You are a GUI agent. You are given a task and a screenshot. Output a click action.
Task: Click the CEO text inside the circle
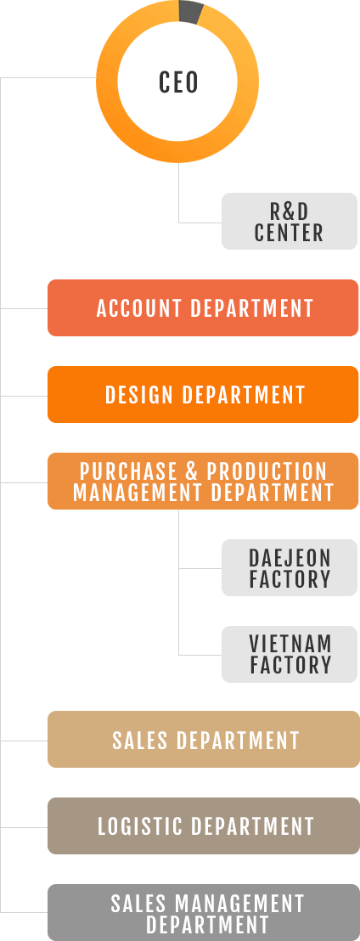pyautogui.click(x=178, y=82)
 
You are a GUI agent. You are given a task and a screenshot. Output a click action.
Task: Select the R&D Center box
pyautogui.click(x=290, y=221)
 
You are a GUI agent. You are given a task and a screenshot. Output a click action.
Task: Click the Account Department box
pyautogui.click(x=204, y=308)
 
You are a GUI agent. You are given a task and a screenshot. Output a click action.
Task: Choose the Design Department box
pyautogui.click(x=204, y=394)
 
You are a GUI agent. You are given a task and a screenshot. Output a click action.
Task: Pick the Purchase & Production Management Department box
pyautogui.click(x=204, y=482)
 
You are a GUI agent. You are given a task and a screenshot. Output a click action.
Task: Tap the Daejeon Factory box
pyautogui.click(x=290, y=567)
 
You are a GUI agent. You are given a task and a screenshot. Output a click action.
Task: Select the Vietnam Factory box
pyautogui.click(x=290, y=654)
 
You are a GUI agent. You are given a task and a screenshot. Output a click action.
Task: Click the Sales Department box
pyautogui.click(x=204, y=740)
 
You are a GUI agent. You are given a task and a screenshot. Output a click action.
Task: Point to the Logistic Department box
pyautogui.click(x=204, y=825)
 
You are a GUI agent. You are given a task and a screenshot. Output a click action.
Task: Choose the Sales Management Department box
pyautogui.click(x=204, y=912)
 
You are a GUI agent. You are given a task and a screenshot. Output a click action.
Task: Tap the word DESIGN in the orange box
pyautogui.click(x=139, y=394)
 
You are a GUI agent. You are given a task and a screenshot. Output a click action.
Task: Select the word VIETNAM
pyautogui.click(x=290, y=644)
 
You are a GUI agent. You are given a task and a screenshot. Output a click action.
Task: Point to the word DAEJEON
pyautogui.click(x=290, y=557)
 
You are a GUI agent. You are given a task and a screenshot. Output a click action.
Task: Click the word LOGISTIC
pyautogui.click(x=139, y=825)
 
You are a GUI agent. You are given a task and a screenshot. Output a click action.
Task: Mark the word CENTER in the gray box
pyautogui.click(x=289, y=232)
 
